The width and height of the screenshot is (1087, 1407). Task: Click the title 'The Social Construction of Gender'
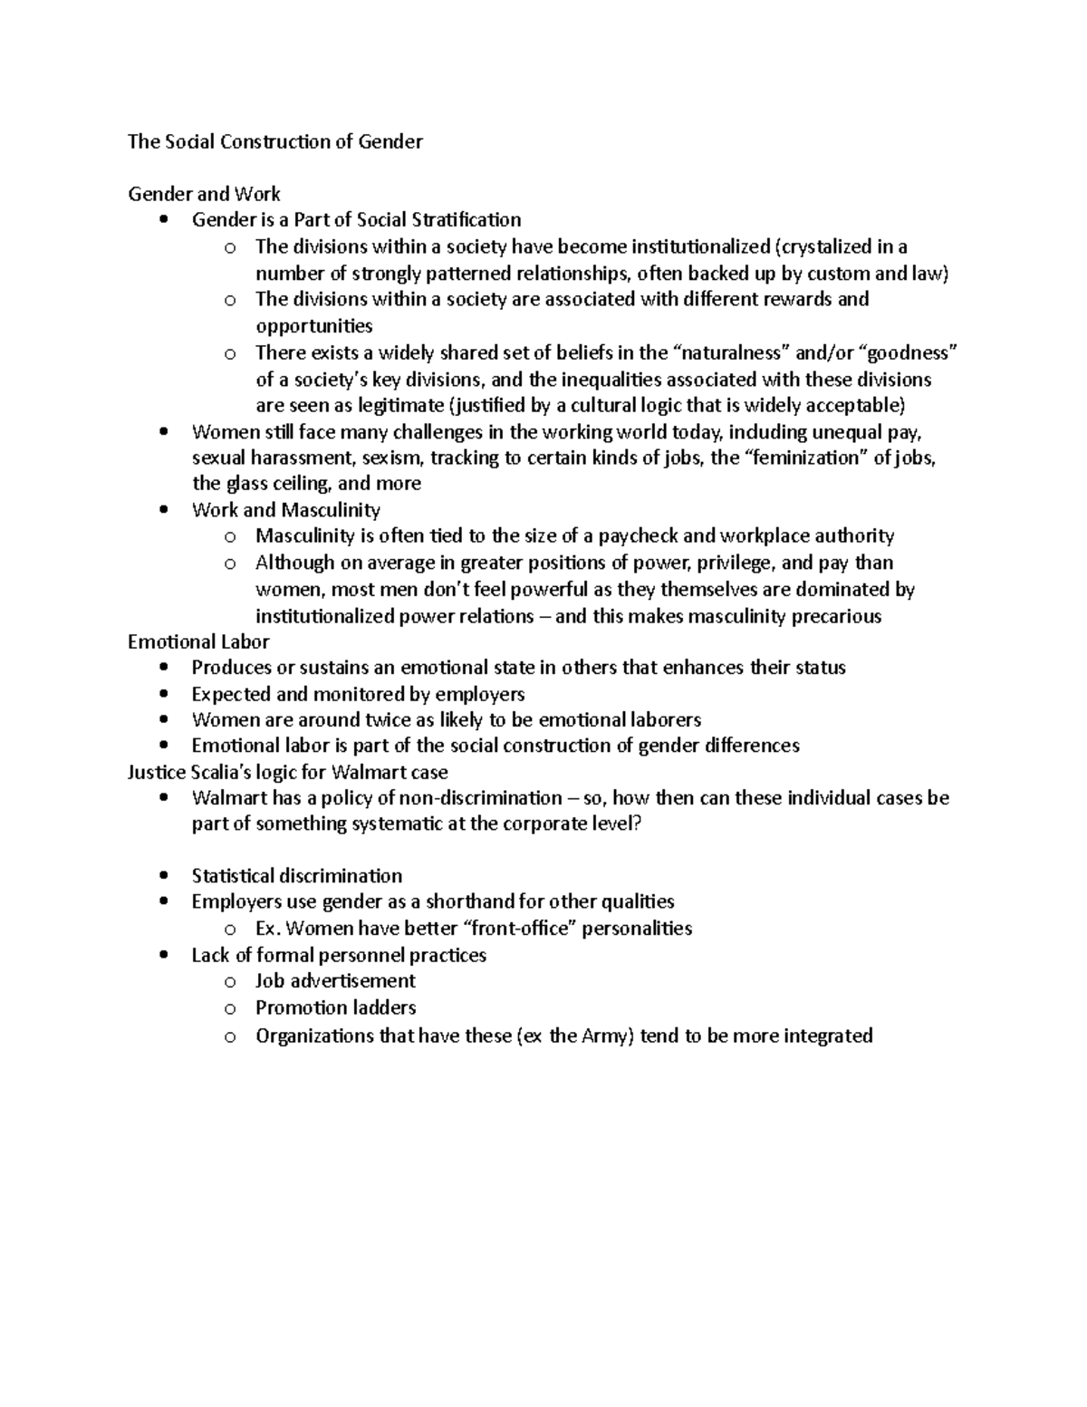[275, 141]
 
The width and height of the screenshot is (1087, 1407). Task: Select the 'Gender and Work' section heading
[204, 194]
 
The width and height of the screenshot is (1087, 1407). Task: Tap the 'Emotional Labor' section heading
[198, 641]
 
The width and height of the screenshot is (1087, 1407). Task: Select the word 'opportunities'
[313, 325]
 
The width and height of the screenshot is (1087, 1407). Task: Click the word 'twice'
[387, 720]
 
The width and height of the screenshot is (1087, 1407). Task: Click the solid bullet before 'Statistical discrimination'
[163, 876]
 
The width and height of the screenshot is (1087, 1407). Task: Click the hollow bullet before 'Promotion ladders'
[230, 1008]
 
